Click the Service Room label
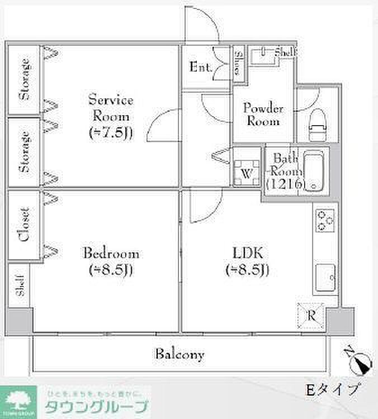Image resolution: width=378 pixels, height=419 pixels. point(111,117)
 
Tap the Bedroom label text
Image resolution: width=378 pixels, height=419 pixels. point(111,261)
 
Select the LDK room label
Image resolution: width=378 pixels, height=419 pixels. point(248,261)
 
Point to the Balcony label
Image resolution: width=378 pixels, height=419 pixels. point(179,354)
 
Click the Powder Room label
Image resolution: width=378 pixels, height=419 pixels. point(263,115)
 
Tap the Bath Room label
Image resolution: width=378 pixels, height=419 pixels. point(285,171)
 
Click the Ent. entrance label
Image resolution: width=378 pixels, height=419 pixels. point(200,68)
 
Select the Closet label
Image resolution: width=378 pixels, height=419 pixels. point(23,225)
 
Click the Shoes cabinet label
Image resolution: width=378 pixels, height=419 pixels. point(238,63)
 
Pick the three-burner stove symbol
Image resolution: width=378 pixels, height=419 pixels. point(324,220)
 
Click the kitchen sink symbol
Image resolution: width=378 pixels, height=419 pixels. point(325,275)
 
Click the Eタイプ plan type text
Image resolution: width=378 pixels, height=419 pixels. point(332,389)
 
